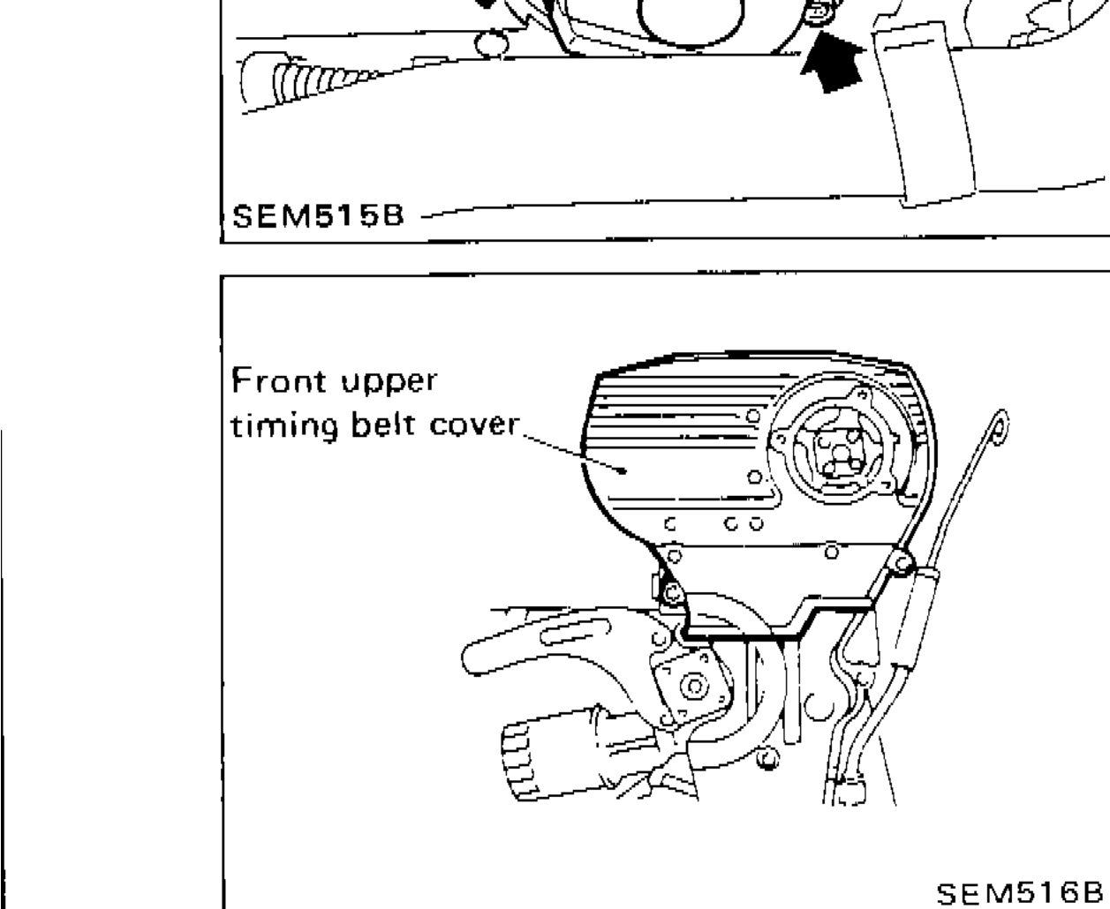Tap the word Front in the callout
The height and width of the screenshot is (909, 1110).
point(272,383)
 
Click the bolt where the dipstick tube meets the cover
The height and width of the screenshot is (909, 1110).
point(901,560)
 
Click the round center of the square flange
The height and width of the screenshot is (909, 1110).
point(694,686)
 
